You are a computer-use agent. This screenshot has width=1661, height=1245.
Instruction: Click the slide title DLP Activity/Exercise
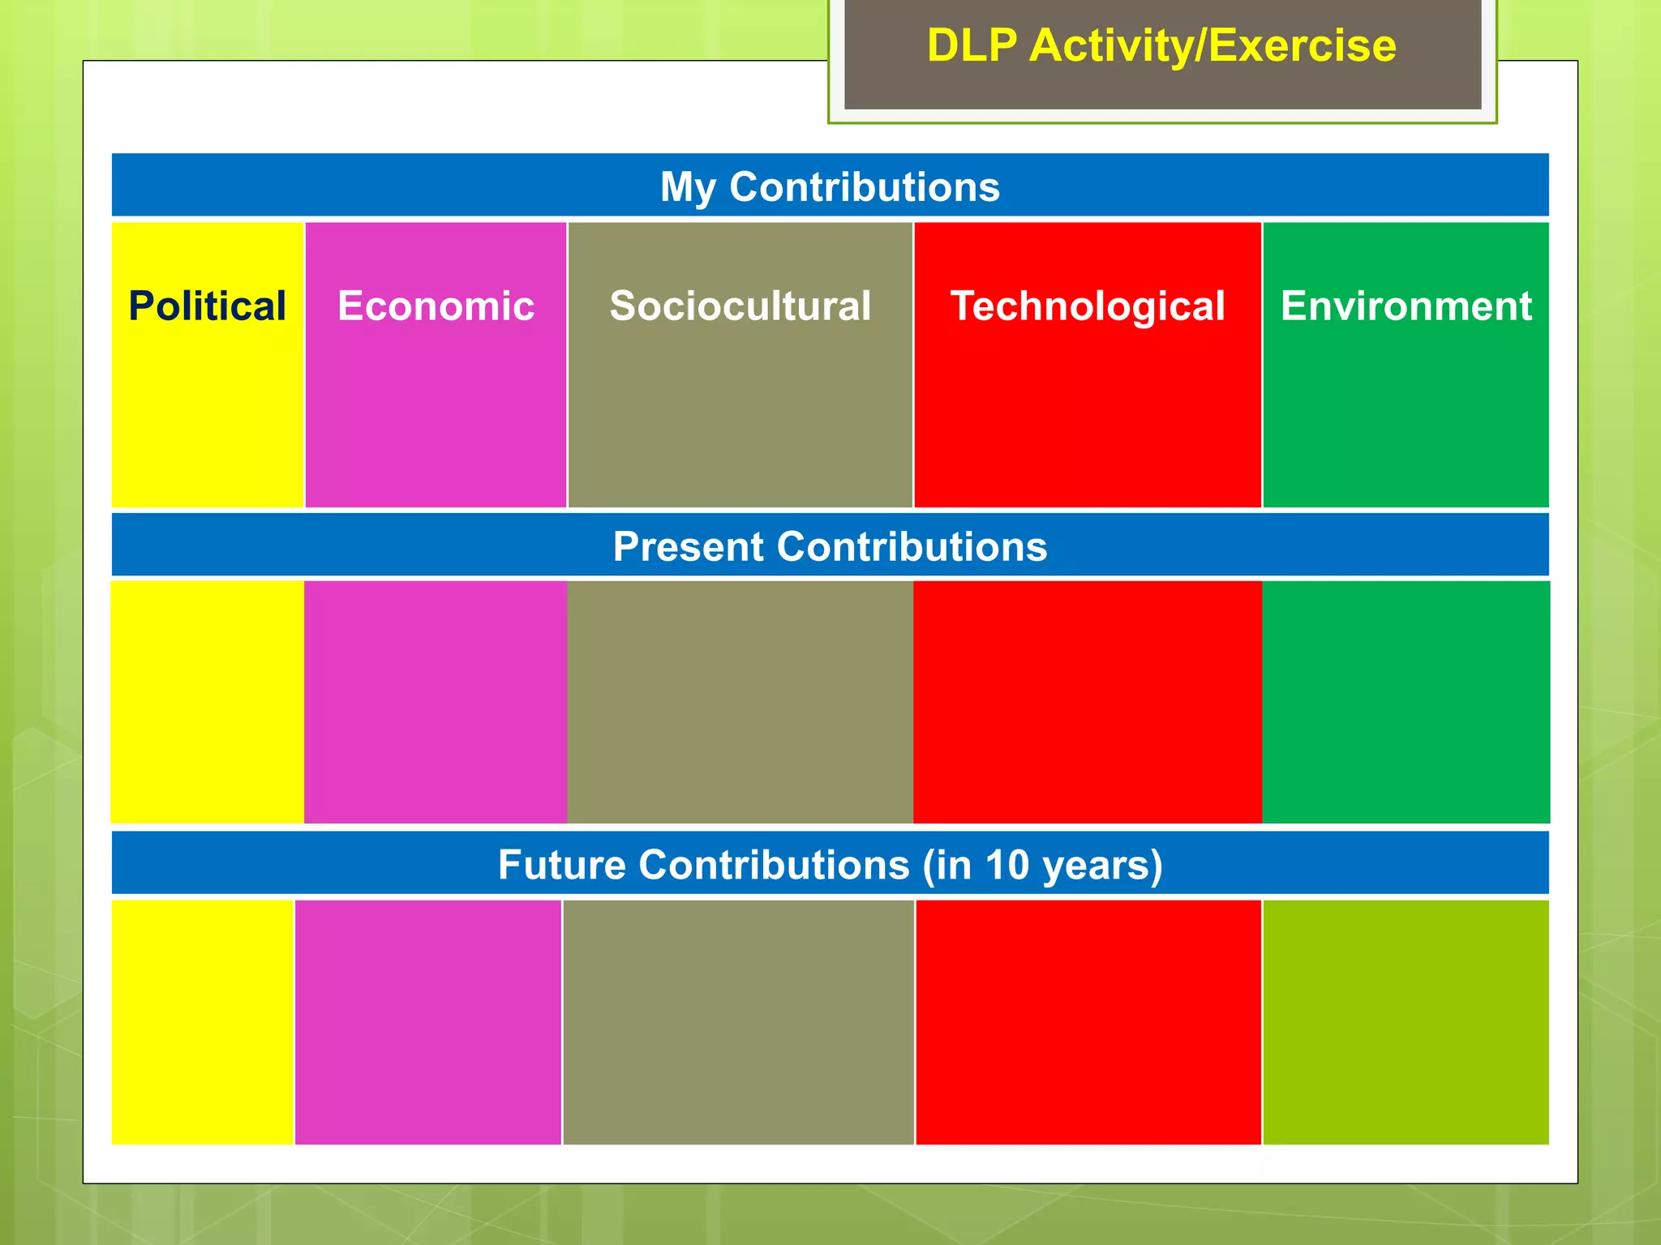click(x=1161, y=45)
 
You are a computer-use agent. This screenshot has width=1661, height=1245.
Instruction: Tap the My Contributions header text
click(x=830, y=186)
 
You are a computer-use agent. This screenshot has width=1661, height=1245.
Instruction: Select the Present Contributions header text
click(x=830, y=546)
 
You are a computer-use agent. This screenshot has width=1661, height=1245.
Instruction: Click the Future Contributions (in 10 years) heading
click(x=830, y=864)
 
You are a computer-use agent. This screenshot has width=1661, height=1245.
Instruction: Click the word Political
click(x=208, y=306)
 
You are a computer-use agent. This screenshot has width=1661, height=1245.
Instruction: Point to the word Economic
click(x=436, y=306)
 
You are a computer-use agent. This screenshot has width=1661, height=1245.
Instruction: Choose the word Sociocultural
click(x=740, y=306)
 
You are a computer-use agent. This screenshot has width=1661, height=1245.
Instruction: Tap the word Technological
click(x=1088, y=306)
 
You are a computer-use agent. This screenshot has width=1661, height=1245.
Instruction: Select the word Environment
click(x=1406, y=306)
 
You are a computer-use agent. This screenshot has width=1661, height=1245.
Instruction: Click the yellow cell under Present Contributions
click(x=208, y=702)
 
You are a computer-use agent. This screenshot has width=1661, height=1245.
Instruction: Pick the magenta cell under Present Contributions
click(x=436, y=702)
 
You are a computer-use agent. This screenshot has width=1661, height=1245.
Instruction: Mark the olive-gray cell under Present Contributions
click(x=740, y=702)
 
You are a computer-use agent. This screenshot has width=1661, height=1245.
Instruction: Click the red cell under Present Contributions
click(x=1088, y=702)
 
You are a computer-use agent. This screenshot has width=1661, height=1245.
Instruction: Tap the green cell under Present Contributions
click(x=1406, y=702)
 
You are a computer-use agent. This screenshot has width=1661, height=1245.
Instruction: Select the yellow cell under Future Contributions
click(x=202, y=1022)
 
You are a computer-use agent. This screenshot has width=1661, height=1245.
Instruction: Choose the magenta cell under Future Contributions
click(x=428, y=1022)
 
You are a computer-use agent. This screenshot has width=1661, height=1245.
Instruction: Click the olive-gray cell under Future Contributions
click(x=738, y=1022)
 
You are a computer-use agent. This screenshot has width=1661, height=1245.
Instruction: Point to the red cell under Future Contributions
click(x=1088, y=1022)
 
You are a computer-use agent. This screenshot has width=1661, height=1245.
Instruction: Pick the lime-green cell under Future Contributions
click(x=1406, y=1022)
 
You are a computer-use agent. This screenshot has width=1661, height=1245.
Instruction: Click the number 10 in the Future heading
click(x=1006, y=864)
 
